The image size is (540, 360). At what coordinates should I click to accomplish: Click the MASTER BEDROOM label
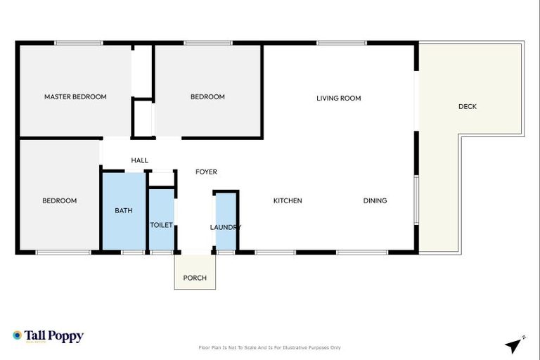click(x=75, y=97)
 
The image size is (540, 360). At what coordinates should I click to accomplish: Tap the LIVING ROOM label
click(x=338, y=98)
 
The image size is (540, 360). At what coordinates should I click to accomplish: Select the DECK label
click(x=468, y=107)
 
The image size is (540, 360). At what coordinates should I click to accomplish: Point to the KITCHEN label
click(x=288, y=201)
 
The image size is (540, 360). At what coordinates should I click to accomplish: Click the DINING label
click(x=375, y=201)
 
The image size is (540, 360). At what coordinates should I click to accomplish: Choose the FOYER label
click(x=206, y=172)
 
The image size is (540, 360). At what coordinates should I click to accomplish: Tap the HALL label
click(x=139, y=160)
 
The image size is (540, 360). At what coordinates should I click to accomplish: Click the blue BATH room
click(x=124, y=211)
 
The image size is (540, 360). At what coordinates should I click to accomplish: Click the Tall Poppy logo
click(x=48, y=336)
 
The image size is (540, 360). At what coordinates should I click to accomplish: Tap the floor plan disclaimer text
click(x=270, y=347)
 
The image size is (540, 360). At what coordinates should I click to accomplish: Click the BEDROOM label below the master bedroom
click(x=60, y=201)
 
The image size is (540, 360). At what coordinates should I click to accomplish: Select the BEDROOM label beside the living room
click(x=207, y=97)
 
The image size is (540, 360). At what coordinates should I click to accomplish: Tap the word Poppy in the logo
click(x=67, y=336)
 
